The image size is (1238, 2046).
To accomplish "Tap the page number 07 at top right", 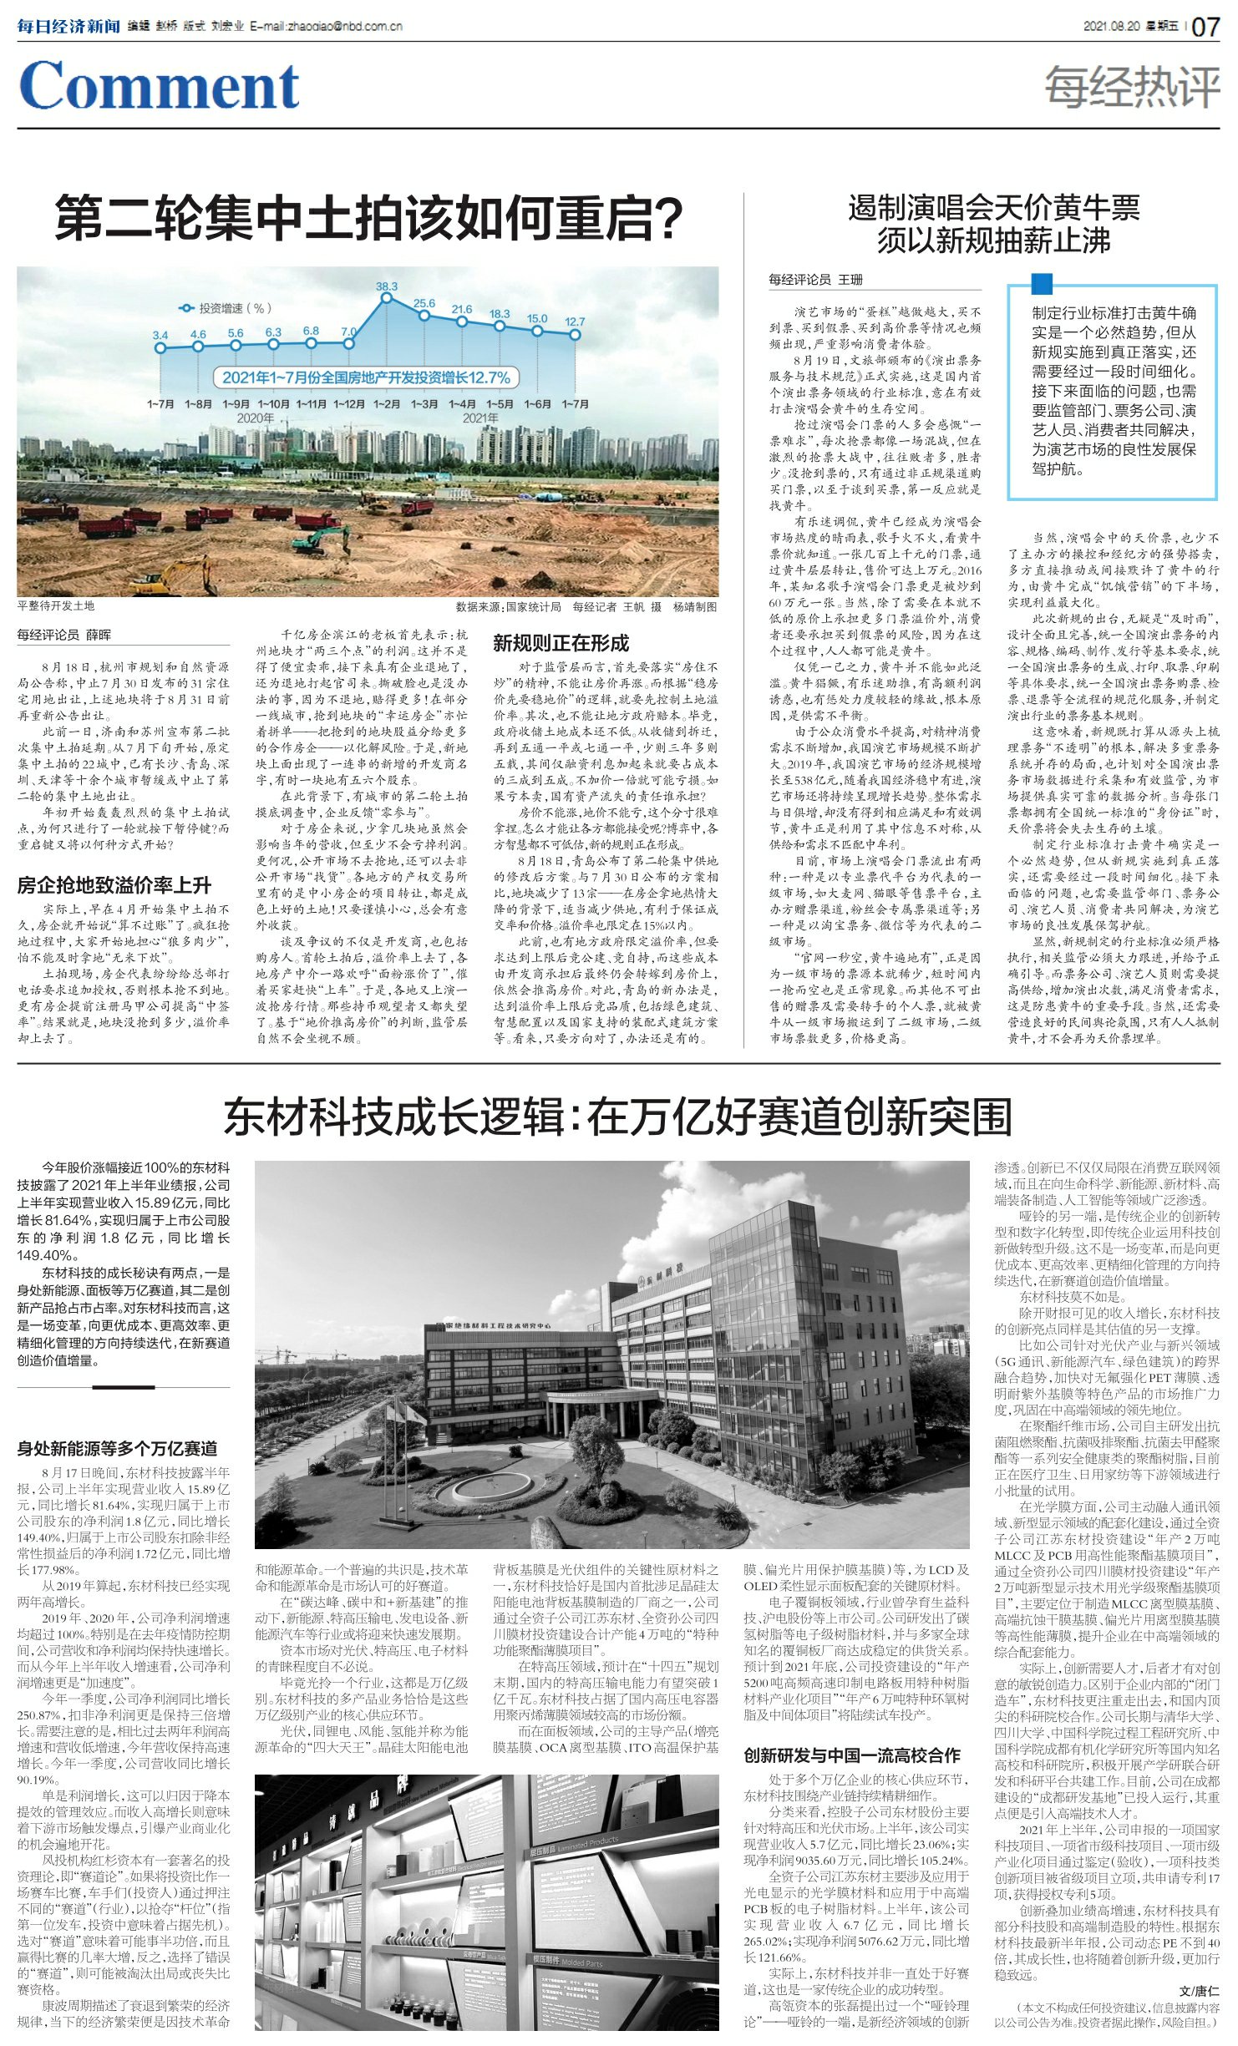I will [1205, 27].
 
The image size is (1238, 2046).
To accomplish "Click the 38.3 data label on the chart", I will [386, 286].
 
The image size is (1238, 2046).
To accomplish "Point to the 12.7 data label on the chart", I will [575, 322].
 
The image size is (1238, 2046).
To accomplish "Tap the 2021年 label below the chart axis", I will [480, 418].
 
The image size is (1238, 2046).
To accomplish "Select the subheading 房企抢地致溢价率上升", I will [114, 885].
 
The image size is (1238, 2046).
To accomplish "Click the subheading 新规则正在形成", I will [561, 643].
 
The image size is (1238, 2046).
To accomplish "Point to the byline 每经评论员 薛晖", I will [64, 635].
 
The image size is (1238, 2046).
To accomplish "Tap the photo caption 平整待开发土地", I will [56, 606].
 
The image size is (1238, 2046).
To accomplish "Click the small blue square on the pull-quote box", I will [1042, 284].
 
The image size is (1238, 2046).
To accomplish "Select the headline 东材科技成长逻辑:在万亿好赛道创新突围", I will [617, 1117].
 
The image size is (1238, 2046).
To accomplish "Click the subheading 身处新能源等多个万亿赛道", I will [117, 1449].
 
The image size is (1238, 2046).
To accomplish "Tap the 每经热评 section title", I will [1132, 87].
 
